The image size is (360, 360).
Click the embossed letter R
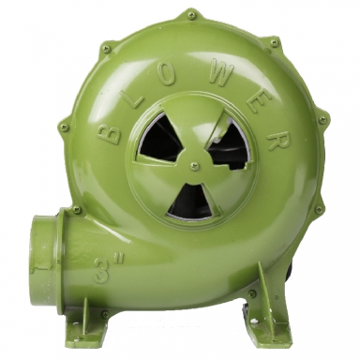click(x=275, y=141)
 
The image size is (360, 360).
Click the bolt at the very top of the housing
click(x=191, y=15)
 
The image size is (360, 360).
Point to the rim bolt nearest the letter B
click(x=63, y=125)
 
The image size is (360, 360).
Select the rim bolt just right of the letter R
click(x=322, y=120)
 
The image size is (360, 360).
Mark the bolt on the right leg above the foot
click(x=252, y=294)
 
